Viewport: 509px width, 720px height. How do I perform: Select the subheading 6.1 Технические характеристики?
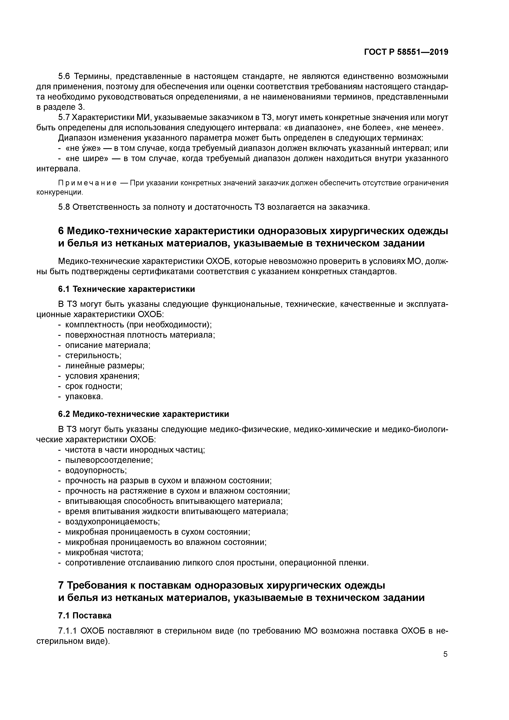(126, 289)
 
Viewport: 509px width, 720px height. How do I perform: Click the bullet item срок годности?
(93, 386)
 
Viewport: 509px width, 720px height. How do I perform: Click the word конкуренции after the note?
(60, 192)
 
